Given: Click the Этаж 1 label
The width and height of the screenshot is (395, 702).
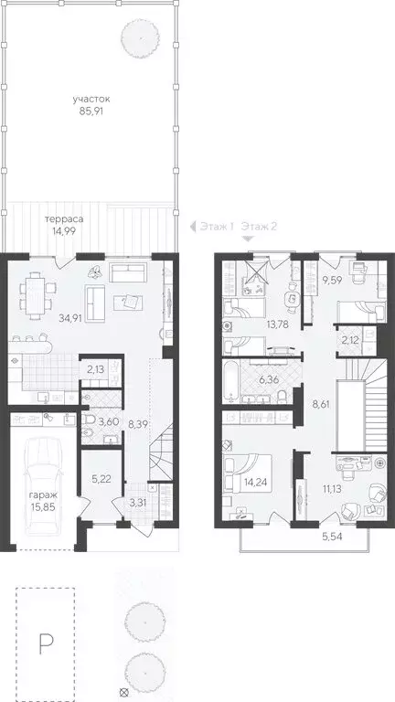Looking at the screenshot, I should (217, 226).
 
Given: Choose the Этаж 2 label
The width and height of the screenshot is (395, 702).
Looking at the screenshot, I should (261, 226).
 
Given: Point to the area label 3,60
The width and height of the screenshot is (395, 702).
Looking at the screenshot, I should (110, 421).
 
